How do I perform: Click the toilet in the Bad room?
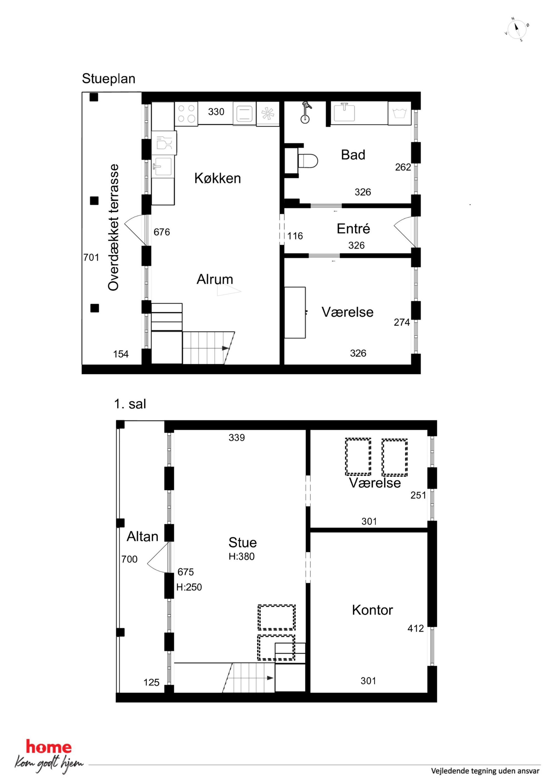point(307,161)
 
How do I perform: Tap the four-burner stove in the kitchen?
point(186,113)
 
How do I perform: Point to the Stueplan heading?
point(109,79)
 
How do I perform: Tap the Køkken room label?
point(217,178)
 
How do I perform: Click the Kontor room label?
point(373,610)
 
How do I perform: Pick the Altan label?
point(142,536)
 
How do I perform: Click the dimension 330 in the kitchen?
point(216,112)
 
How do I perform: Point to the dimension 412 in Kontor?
point(416,628)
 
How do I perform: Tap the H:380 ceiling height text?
point(241,557)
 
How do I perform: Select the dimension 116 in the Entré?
point(295,236)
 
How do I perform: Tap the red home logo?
point(49,747)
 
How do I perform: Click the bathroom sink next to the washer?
point(344,113)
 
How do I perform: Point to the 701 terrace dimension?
point(91,258)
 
